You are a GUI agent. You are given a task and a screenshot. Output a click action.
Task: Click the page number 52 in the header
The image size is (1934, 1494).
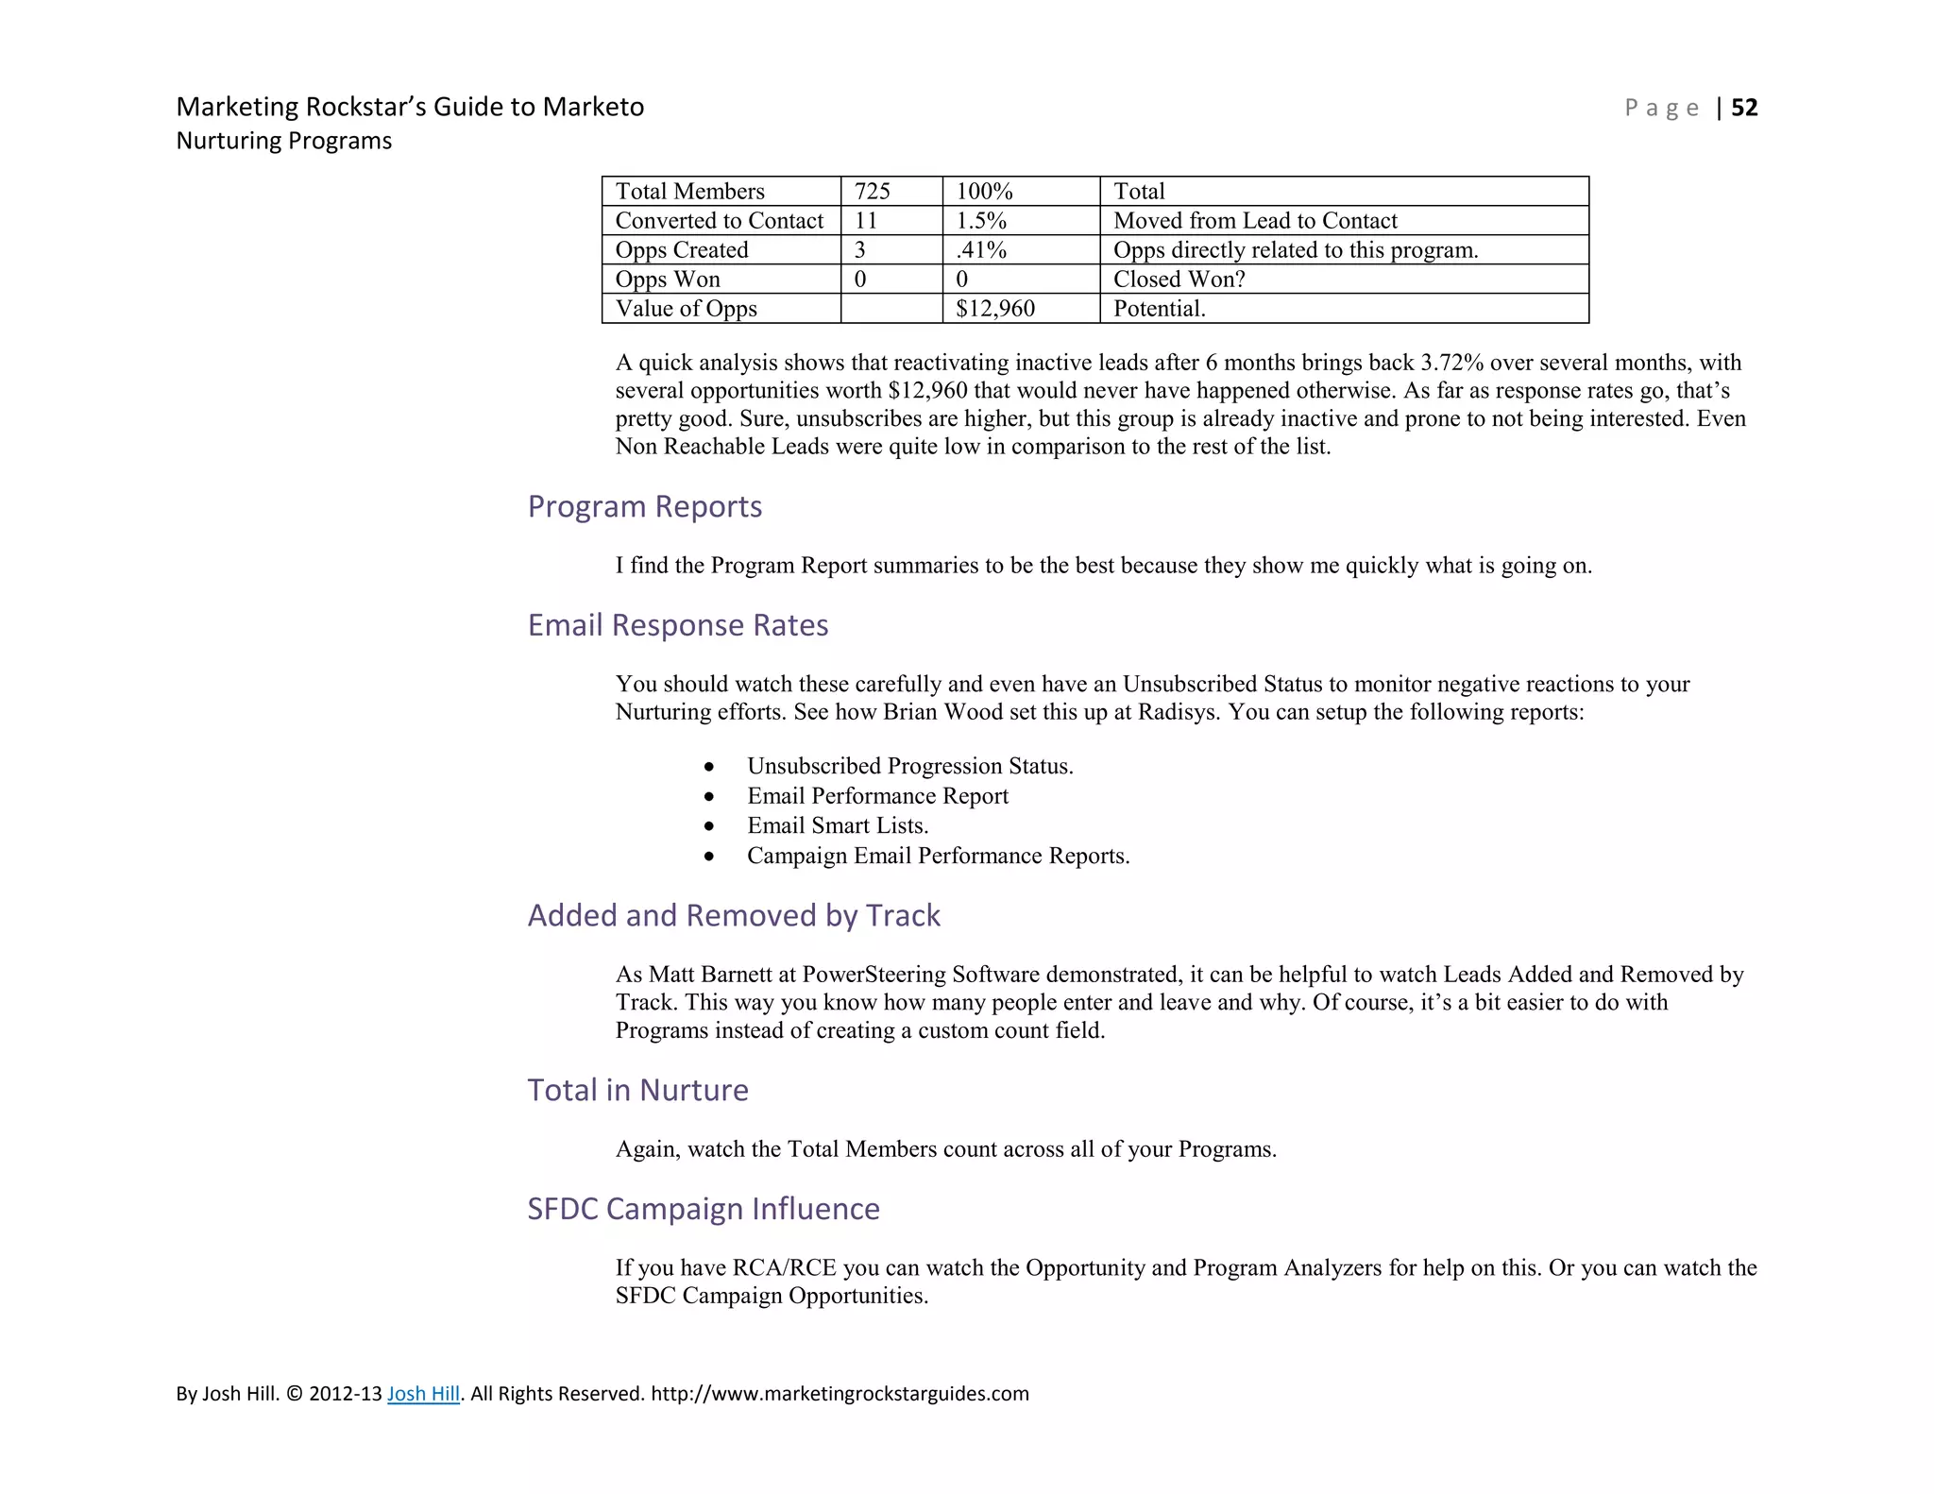[1744, 108]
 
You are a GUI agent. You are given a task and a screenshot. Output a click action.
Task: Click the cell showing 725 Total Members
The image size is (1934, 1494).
[872, 192]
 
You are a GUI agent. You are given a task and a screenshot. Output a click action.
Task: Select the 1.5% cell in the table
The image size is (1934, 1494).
[981, 221]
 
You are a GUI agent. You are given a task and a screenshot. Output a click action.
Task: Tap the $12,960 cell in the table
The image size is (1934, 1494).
[994, 309]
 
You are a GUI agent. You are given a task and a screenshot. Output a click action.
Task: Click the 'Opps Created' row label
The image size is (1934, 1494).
[681, 250]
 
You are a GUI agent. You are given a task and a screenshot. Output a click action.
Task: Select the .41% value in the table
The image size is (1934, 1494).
[981, 250]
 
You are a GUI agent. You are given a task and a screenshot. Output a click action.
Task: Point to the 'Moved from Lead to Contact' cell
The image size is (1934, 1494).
[1254, 221]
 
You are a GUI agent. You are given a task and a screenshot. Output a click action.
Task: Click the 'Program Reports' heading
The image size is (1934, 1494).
[644, 507]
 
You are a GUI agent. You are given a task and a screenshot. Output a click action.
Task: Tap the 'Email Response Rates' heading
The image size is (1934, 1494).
[677, 625]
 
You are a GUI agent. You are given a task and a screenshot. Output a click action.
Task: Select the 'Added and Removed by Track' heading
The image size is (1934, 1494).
[733, 915]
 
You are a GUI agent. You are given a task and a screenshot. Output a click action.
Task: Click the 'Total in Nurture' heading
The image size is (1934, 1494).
[637, 1090]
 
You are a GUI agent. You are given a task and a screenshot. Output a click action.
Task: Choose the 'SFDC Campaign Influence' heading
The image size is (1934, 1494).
[703, 1209]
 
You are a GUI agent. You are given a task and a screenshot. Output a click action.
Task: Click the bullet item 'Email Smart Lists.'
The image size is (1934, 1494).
[838, 825]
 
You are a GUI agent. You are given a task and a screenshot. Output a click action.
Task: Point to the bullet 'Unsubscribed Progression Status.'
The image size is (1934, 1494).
[909, 766]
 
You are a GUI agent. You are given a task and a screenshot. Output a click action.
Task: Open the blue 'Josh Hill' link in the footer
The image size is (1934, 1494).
[423, 1393]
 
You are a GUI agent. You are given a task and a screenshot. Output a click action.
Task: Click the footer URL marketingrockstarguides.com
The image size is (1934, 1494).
[840, 1393]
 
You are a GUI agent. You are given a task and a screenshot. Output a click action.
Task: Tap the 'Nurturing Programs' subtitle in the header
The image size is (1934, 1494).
[283, 141]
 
